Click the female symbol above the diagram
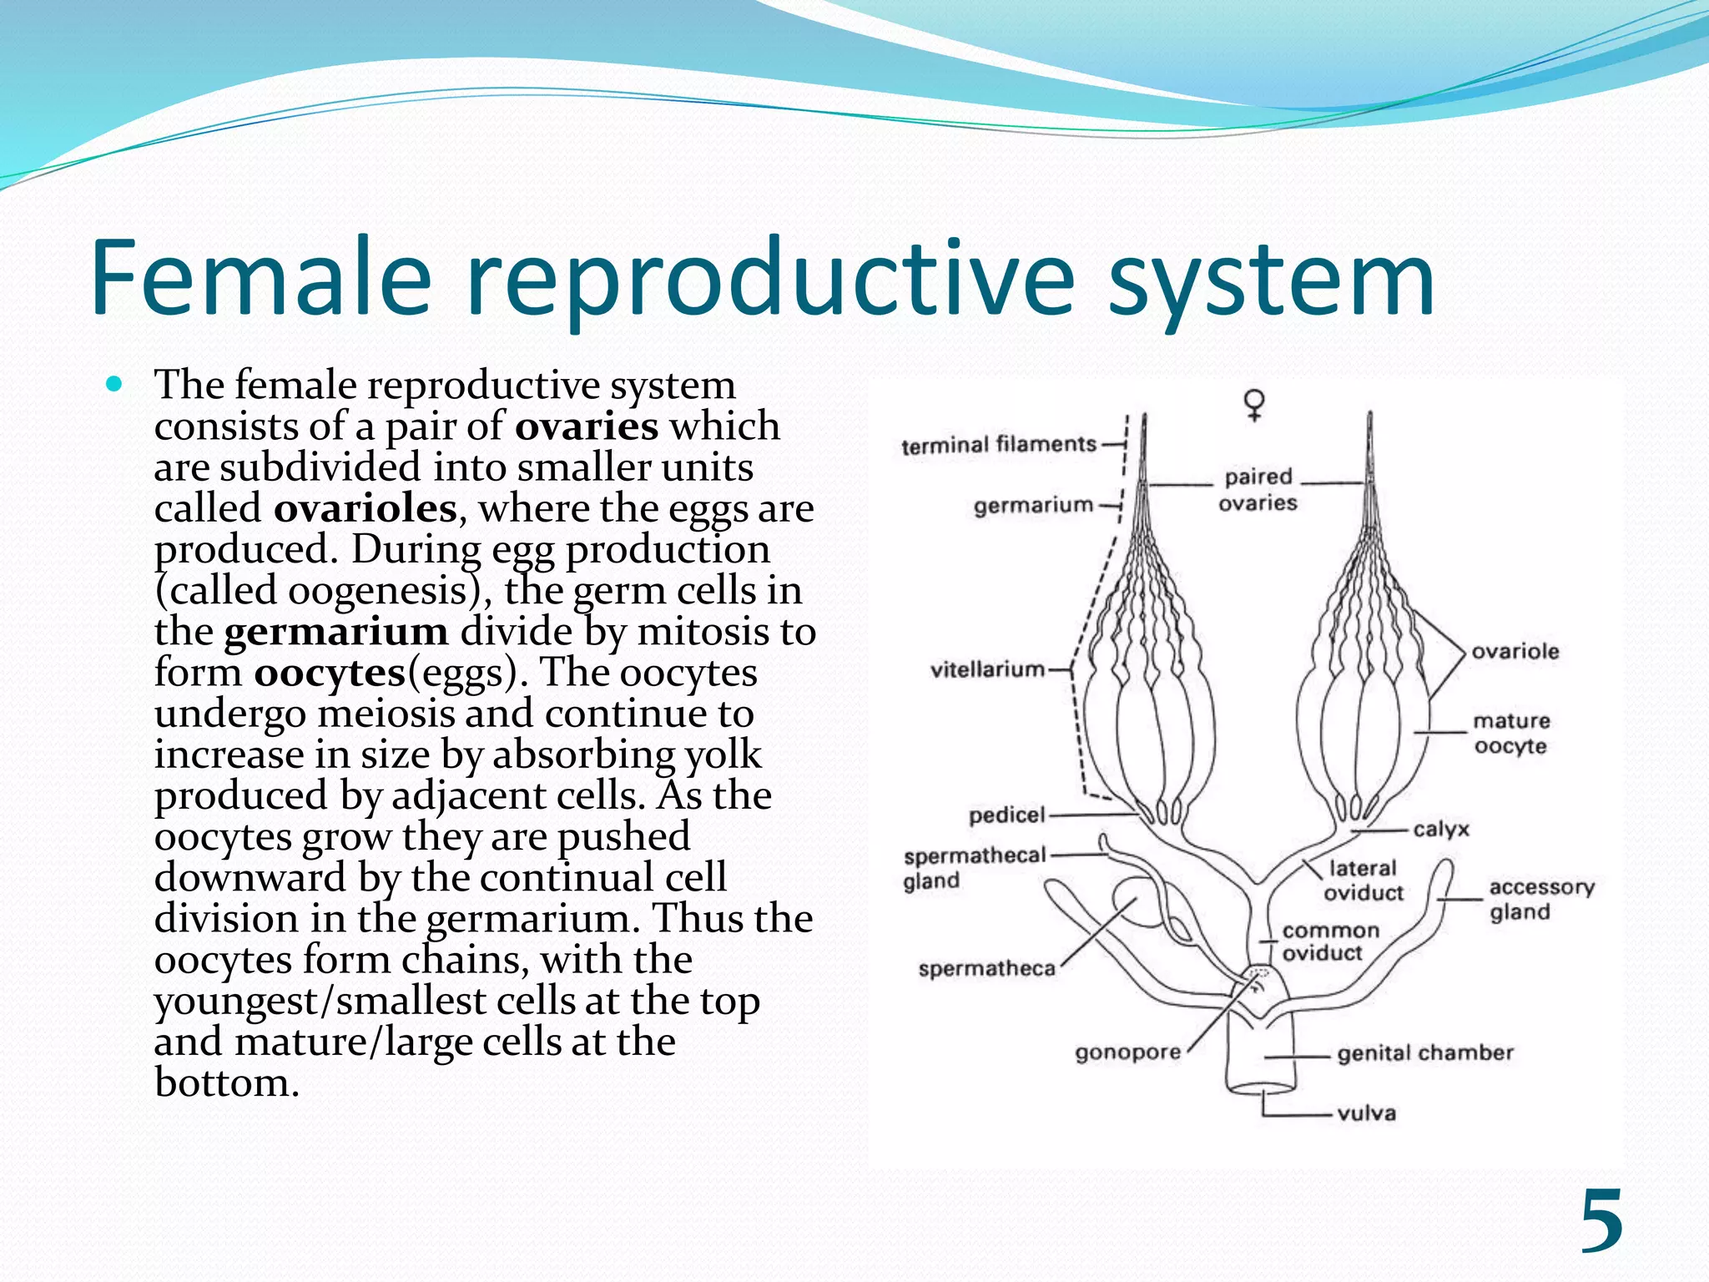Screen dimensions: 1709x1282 [1253, 404]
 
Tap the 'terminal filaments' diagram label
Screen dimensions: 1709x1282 [998, 445]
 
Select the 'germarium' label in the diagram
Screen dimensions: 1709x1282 [1033, 505]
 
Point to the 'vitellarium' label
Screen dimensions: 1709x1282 [987, 669]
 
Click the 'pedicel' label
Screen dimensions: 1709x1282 [1006, 815]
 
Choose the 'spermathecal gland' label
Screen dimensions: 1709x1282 [973, 868]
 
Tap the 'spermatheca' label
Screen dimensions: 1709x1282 [986, 969]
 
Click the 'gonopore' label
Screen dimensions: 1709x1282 [1127, 1052]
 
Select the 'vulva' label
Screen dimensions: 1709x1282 [1366, 1113]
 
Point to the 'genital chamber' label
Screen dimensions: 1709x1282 [1424, 1053]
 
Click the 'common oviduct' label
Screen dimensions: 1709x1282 [1330, 941]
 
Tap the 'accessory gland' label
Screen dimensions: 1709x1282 [1540, 899]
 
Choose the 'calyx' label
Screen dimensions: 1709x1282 [1441, 830]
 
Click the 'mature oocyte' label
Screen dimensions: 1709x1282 [1511, 733]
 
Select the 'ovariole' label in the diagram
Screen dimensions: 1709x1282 [1515, 652]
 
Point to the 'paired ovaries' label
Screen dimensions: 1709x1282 [1258, 490]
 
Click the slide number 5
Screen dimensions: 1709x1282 [1601, 1222]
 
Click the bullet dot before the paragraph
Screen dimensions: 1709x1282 [115, 385]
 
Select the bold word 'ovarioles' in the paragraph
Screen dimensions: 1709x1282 [365, 508]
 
